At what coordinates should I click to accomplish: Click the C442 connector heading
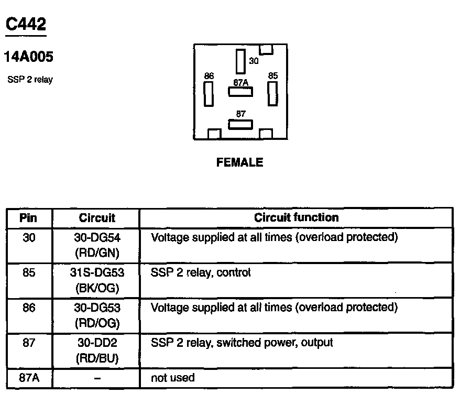point(26,24)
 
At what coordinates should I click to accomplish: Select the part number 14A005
point(29,57)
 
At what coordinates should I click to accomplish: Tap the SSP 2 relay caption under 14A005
point(30,80)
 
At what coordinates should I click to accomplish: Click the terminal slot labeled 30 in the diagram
point(241,61)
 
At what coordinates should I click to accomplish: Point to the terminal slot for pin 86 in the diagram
point(209,94)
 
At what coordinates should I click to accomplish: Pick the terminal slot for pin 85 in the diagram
point(272,94)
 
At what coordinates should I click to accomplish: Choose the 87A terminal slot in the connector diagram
point(240,92)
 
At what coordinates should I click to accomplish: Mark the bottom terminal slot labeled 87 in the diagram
point(240,124)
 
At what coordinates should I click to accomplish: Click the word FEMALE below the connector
point(240,162)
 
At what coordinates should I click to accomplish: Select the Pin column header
point(29,217)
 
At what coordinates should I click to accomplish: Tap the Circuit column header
point(97,217)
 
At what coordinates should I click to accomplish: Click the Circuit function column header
point(296,217)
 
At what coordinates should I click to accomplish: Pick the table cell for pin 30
point(29,237)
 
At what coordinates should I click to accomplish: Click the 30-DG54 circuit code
point(97,237)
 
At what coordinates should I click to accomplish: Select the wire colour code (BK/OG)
point(97,288)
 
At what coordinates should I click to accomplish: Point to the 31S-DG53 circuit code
point(97,273)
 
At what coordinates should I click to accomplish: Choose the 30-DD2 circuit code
point(97,343)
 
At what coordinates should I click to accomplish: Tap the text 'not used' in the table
point(172,377)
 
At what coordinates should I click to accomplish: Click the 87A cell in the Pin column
point(29,377)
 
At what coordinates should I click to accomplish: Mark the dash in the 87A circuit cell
point(97,378)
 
